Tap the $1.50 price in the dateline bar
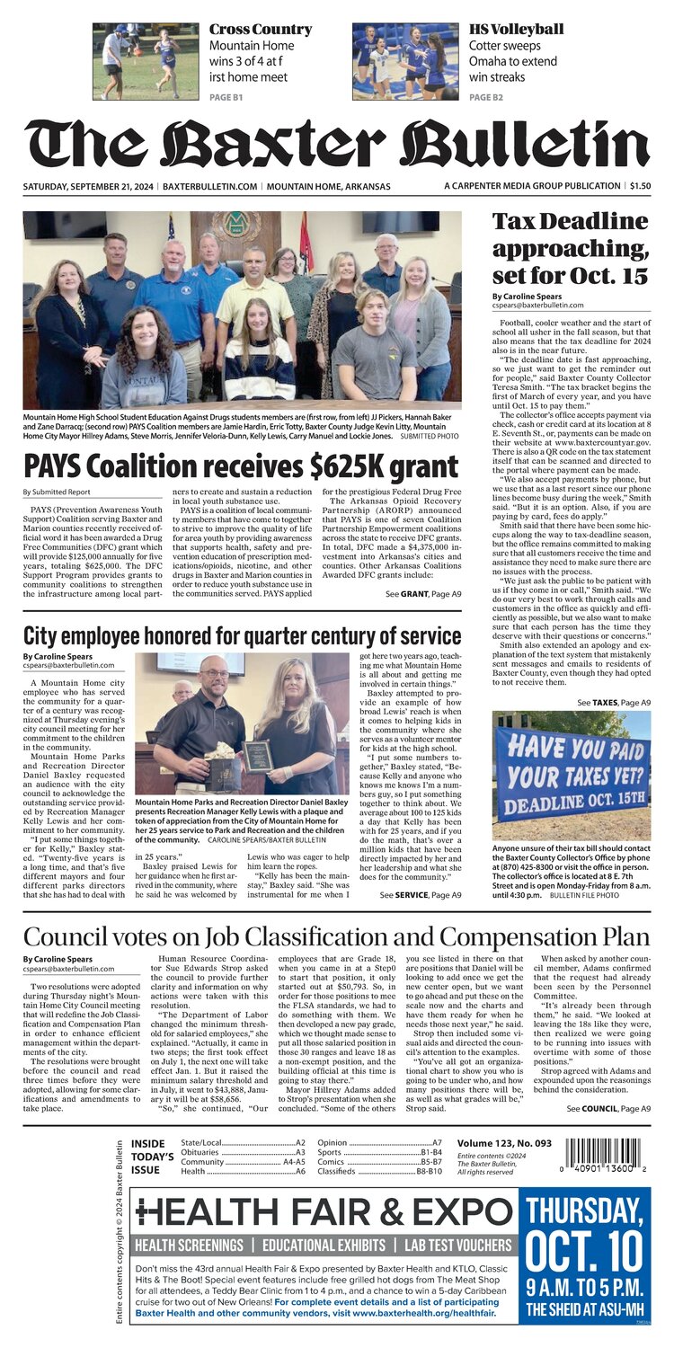tap(639, 186)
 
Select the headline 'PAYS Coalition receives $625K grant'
tap(241, 467)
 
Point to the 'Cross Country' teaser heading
tap(261, 29)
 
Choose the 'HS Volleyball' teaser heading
tap(516, 29)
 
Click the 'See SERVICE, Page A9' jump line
tap(421, 895)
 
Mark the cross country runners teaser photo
tap(146, 61)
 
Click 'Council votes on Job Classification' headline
tap(336, 936)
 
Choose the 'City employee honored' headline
tap(242, 636)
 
